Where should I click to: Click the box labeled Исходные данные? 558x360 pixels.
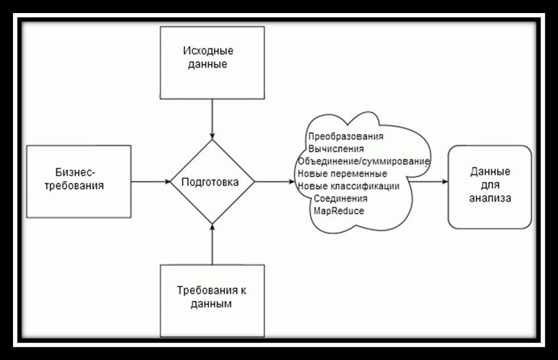(212, 62)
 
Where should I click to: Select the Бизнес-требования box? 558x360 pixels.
(78, 182)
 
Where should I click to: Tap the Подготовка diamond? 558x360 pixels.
(212, 182)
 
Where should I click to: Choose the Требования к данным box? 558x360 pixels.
(212, 300)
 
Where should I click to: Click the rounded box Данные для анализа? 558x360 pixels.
(490, 187)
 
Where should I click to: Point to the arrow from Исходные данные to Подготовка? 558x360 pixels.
(212, 119)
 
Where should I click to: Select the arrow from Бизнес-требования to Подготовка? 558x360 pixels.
(151, 182)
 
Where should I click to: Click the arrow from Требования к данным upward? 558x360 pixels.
(212, 244)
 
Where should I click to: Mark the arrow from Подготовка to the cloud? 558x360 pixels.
(274, 182)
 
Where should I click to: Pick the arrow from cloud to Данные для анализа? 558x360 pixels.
(428, 182)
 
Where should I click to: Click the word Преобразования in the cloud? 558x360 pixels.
(345, 136)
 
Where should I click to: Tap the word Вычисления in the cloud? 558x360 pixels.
(336, 149)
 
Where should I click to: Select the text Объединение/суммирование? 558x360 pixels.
(363, 161)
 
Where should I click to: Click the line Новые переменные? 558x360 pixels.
(342, 174)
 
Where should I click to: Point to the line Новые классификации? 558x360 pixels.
(348, 186)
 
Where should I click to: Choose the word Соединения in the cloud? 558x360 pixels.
(340, 199)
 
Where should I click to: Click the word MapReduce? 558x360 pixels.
(339, 211)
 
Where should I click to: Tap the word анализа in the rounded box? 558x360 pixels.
(490, 198)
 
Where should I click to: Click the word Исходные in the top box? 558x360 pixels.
(208, 51)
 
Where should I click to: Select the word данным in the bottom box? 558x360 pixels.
(211, 304)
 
